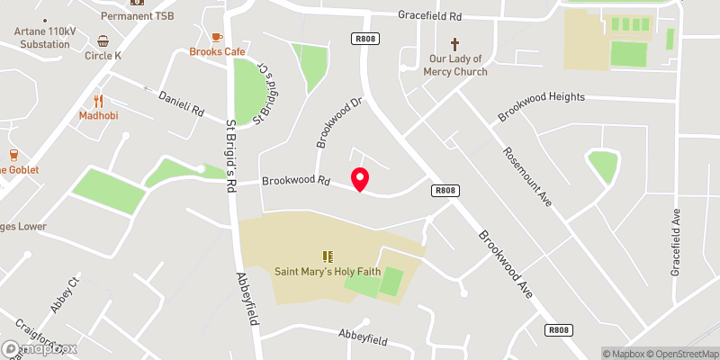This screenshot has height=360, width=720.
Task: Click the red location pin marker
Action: [360, 178]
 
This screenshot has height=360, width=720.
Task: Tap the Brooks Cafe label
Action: [217, 52]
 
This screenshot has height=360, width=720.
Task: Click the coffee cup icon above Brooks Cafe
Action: [216, 37]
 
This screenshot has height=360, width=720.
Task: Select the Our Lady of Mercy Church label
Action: [455, 66]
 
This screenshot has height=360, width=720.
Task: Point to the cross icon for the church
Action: [455, 44]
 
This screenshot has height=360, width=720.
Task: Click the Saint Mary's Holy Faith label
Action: [328, 272]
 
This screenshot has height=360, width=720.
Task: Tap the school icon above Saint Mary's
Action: [328, 256]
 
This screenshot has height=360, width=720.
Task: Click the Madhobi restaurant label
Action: [99, 116]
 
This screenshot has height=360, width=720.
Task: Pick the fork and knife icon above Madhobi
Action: [99, 101]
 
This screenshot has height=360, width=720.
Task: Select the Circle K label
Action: [103, 56]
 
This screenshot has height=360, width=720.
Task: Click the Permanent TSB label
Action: [137, 16]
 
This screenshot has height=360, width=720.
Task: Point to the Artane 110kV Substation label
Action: [42, 38]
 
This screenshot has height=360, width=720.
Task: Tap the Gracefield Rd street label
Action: [430, 16]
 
